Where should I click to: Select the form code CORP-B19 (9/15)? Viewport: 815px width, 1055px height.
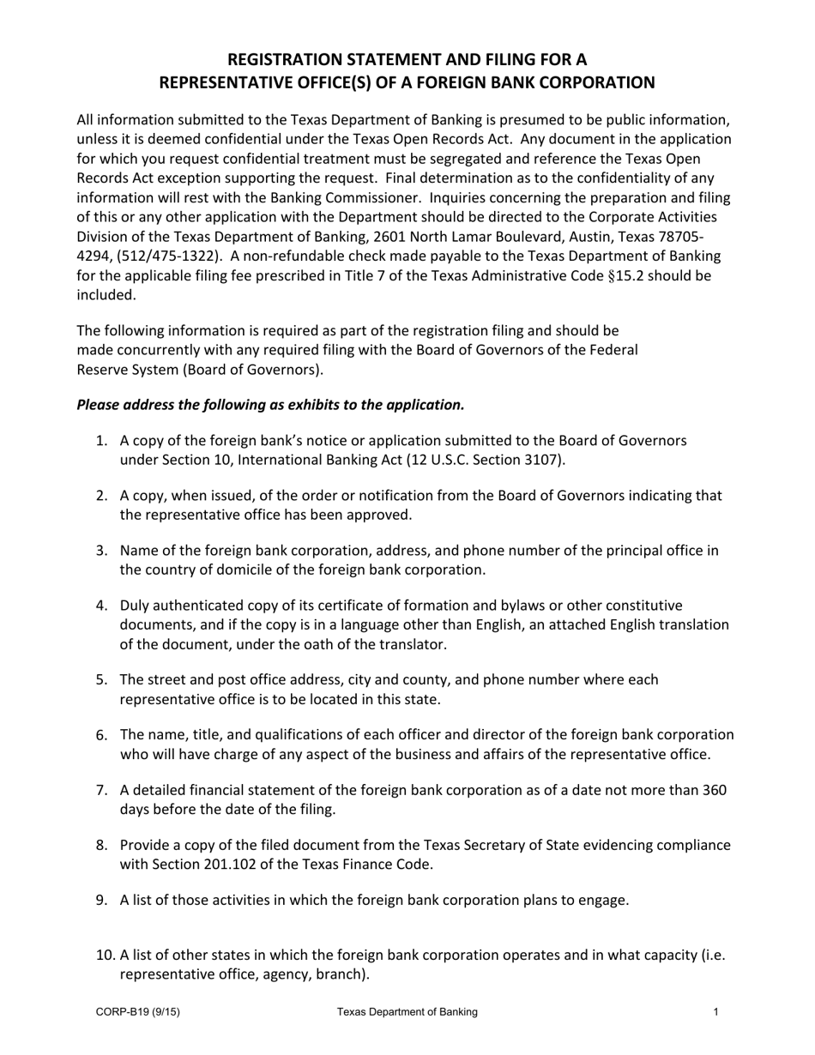point(137,1012)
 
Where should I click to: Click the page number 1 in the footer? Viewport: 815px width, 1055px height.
point(715,1012)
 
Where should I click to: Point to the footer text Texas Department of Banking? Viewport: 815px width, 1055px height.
point(407,1012)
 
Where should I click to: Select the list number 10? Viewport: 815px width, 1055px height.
point(104,955)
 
